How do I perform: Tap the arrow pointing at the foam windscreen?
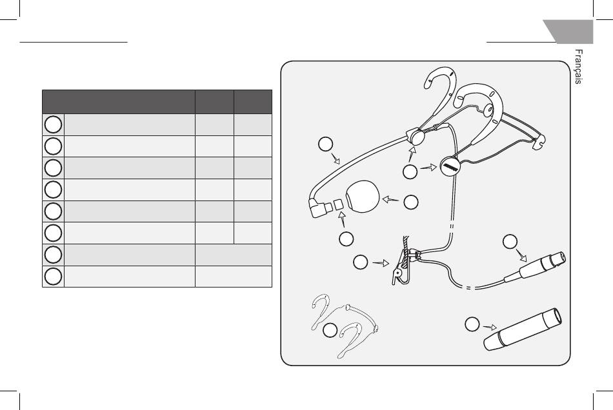[x=390, y=200]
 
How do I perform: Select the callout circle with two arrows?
[x=410, y=172]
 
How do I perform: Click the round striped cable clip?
[x=451, y=167]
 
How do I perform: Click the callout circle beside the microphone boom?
[x=327, y=145]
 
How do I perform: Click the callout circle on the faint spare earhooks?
[x=330, y=331]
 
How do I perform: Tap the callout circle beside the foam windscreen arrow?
[x=411, y=202]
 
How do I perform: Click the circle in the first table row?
[x=54, y=124]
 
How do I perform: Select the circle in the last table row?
[x=54, y=276]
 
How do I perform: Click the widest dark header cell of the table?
[x=119, y=102]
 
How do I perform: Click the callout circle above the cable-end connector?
[x=510, y=242]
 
